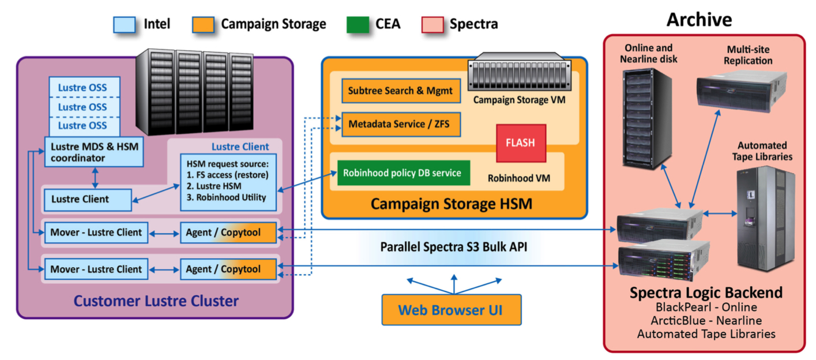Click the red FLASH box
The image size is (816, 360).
tap(521, 143)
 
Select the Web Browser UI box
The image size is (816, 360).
tap(451, 310)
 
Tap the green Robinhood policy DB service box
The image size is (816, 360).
tap(403, 173)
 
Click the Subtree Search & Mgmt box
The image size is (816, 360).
tap(401, 91)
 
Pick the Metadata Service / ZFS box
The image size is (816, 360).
tap(401, 124)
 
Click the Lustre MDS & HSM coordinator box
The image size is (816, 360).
tap(93, 152)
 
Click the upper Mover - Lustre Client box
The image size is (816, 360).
tap(96, 232)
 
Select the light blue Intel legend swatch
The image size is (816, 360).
tap(124, 24)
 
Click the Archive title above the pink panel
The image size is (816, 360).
tap(699, 20)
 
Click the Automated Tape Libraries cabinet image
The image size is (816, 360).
tap(766, 217)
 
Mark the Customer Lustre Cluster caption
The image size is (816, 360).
tap(156, 301)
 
